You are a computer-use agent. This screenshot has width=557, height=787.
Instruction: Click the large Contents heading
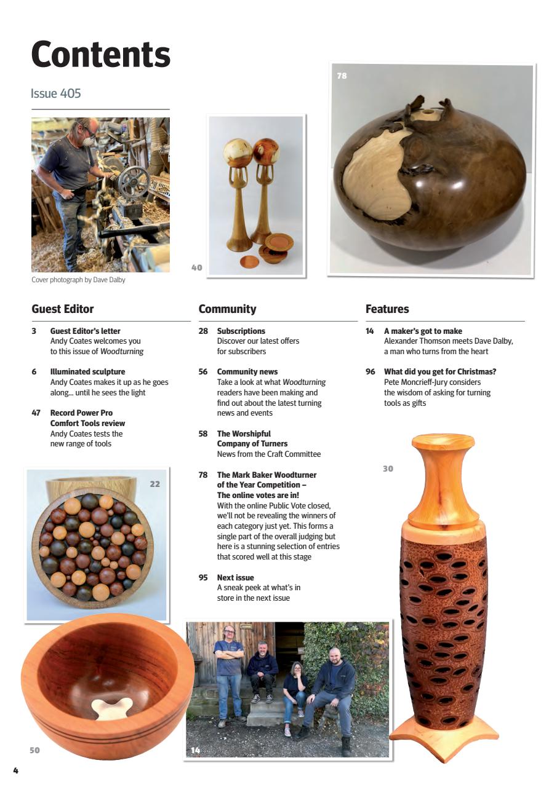[100, 54]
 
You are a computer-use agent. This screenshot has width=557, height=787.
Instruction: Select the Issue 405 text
[55, 93]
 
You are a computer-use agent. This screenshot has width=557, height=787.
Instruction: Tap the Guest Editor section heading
[62, 309]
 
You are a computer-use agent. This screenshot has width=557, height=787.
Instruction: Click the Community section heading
[227, 309]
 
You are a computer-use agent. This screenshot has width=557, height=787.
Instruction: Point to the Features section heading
[387, 309]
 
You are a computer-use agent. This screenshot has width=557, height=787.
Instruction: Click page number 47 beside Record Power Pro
[36, 413]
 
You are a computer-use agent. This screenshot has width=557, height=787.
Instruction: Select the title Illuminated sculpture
[87, 371]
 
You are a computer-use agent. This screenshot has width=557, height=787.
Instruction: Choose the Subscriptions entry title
[241, 331]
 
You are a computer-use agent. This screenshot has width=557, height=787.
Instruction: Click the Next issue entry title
[235, 577]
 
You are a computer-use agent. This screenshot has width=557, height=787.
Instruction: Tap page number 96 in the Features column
[370, 371]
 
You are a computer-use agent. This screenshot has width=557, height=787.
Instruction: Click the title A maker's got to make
[423, 331]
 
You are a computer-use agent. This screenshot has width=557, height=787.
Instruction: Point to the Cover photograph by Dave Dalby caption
[78, 280]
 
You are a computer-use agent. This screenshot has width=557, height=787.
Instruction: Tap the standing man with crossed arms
[229, 670]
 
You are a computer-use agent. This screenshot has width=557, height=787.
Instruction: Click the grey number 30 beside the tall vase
[388, 469]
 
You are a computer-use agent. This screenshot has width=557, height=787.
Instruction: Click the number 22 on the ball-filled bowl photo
[154, 484]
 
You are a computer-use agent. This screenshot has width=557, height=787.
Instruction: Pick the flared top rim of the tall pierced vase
[443, 442]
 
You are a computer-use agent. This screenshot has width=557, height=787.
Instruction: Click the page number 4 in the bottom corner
[15, 770]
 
